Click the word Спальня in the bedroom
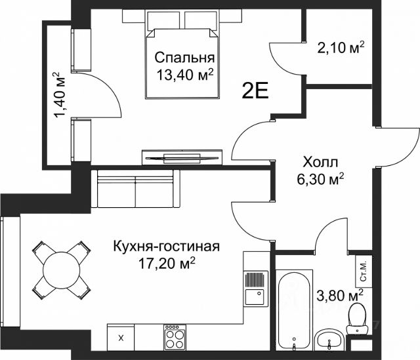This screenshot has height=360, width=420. (184, 58)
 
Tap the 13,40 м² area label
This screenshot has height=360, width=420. (184, 74)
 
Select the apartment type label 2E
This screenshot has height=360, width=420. (255, 91)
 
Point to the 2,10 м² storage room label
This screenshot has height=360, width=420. (341, 48)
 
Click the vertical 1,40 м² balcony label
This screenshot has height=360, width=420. (60, 94)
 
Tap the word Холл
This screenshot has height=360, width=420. (320, 162)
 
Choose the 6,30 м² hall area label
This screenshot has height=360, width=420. (320, 179)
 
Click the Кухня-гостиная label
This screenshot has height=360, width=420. (166, 247)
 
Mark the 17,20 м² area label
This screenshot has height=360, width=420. (166, 264)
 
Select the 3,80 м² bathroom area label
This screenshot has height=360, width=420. (340, 295)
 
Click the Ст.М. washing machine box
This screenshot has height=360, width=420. (364, 271)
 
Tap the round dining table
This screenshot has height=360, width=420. (62, 270)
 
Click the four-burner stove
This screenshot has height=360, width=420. (175, 338)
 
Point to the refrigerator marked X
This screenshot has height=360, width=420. (121, 338)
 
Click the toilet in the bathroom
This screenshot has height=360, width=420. (356, 319)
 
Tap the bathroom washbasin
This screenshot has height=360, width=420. (329, 340)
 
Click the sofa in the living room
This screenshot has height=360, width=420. (136, 188)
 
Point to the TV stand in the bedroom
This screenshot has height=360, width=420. (182, 157)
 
